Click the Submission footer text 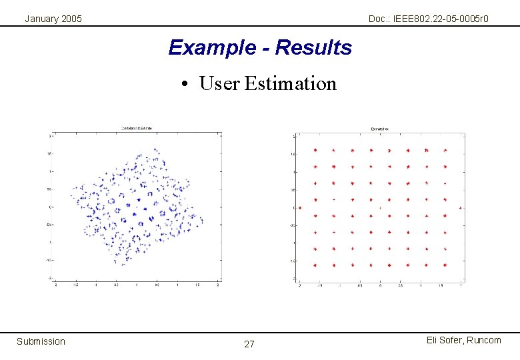pyautogui.click(x=41, y=341)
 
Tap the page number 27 pyautogui.click(x=249, y=345)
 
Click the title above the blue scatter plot pyautogui.click(x=137, y=128)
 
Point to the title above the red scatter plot pyautogui.click(x=380, y=129)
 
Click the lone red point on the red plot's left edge pyautogui.click(x=300, y=208)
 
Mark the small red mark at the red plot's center pyautogui.click(x=380, y=208)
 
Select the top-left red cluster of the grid pyautogui.click(x=315, y=150)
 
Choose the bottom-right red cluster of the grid pyautogui.click(x=445, y=265)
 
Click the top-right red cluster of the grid pyautogui.click(x=445, y=150)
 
